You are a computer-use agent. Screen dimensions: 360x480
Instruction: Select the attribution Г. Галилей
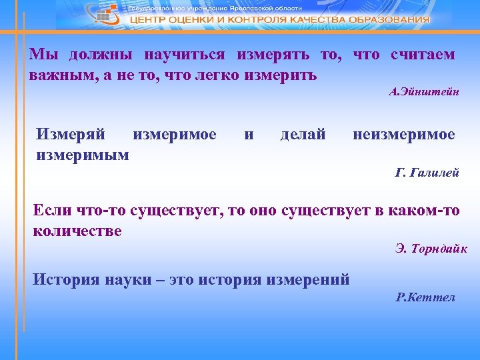click(x=427, y=173)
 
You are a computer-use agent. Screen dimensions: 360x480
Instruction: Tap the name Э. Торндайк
click(x=431, y=249)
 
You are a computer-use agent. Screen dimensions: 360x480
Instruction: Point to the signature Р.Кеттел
click(x=425, y=297)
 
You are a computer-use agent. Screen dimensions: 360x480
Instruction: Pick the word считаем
click(x=423, y=55)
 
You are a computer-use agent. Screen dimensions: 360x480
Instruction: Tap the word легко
click(x=221, y=75)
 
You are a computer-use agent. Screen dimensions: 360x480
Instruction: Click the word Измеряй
click(x=71, y=135)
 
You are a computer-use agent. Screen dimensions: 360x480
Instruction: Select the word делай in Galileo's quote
click(x=303, y=135)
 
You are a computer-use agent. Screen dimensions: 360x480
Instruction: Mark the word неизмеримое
click(x=404, y=135)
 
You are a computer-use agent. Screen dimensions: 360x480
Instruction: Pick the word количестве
click(x=77, y=231)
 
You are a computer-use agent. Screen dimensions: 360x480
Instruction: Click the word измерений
click(x=308, y=279)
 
